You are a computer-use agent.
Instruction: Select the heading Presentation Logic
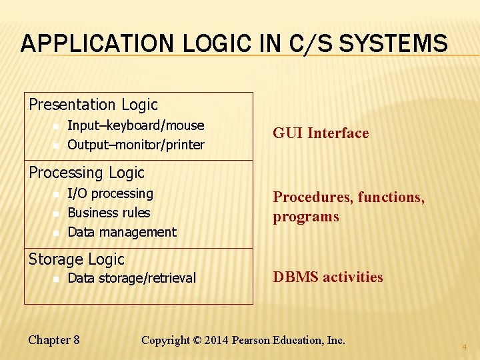(x=93, y=105)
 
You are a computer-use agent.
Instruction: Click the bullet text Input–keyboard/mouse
(x=136, y=125)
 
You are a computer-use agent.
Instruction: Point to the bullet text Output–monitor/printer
(x=136, y=145)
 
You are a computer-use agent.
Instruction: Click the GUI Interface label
(x=321, y=133)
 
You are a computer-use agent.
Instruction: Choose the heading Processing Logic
(x=86, y=173)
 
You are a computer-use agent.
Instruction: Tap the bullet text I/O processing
(x=111, y=193)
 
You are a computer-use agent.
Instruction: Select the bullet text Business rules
(x=109, y=213)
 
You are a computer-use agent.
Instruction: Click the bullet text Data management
(x=122, y=232)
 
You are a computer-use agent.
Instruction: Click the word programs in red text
(x=306, y=217)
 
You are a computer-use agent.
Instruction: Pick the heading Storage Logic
(x=76, y=259)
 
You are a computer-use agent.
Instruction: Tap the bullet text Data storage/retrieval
(x=132, y=278)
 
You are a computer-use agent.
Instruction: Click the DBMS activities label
(x=328, y=277)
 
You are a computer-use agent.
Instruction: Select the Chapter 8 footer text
(x=54, y=340)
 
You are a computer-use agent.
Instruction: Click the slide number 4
(x=465, y=347)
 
